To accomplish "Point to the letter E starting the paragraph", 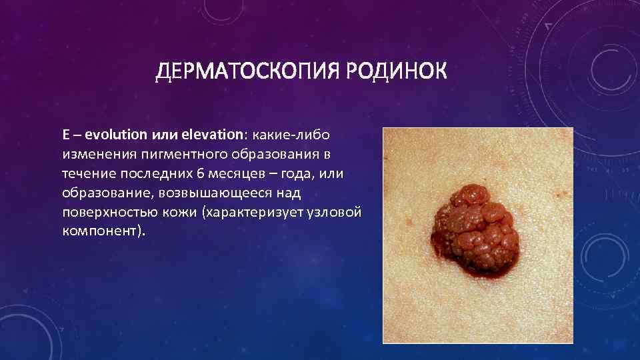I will click(66, 134).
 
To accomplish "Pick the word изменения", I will click(99, 154).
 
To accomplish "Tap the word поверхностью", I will click(107, 213).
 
